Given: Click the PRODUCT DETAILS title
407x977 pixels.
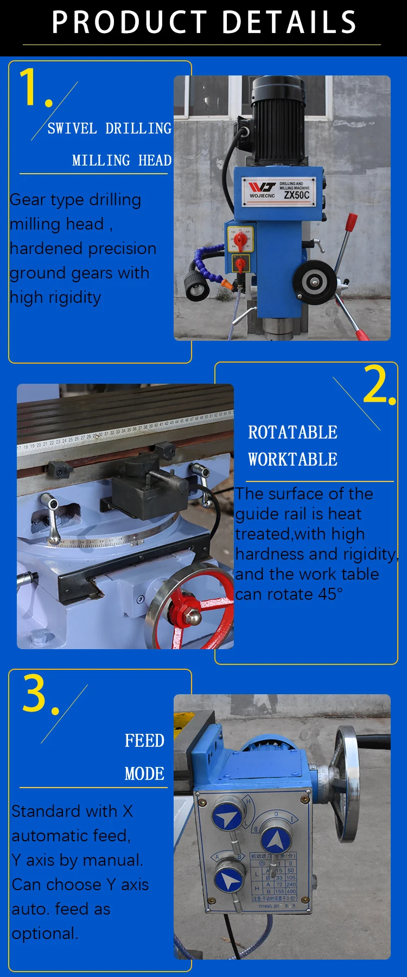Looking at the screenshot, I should [203, 22].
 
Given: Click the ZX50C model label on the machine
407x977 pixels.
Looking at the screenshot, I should [296, 195].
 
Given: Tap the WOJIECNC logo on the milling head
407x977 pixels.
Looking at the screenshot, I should [262, 190].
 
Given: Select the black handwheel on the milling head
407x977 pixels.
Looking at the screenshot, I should [313, 281].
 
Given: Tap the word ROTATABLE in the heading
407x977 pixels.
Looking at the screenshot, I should [292, 433].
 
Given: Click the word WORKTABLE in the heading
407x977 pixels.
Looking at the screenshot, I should [292, 460].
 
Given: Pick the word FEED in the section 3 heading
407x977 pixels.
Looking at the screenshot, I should [144, 741].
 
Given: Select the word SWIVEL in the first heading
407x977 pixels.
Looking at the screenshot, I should [72, 129].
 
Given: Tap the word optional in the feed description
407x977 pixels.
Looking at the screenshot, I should [45, 934].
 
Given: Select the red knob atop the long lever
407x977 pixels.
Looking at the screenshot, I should [351, 221].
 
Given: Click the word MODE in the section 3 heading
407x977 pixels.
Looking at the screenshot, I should [144, 773].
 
